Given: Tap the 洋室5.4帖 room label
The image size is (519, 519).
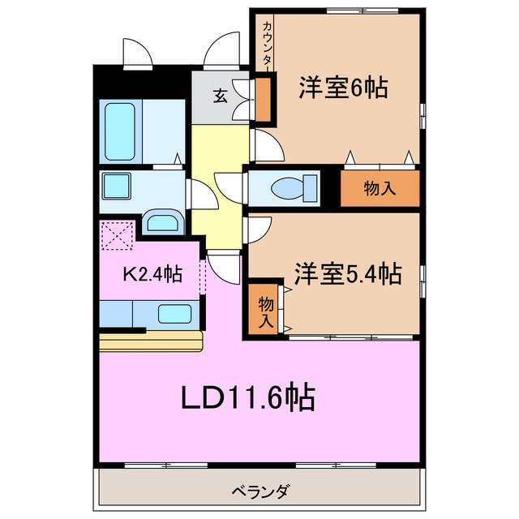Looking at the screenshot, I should pyautogui.click(x=349, y=274).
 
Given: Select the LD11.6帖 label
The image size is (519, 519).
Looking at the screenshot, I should pyautogui.click(x=247, y=397).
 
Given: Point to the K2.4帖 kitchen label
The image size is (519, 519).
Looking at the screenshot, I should pyautogui.click(x=151, y=274).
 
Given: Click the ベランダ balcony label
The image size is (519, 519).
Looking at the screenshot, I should pyautogui.click(x=259, y=491).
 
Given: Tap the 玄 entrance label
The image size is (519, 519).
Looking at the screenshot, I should pyautogui.click(x=220, y=96).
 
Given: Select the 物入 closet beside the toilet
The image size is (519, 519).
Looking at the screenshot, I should pyautogui.click(x=380, y=189).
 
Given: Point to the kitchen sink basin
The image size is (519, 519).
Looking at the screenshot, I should pyautogui.click(x=174, y=313).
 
